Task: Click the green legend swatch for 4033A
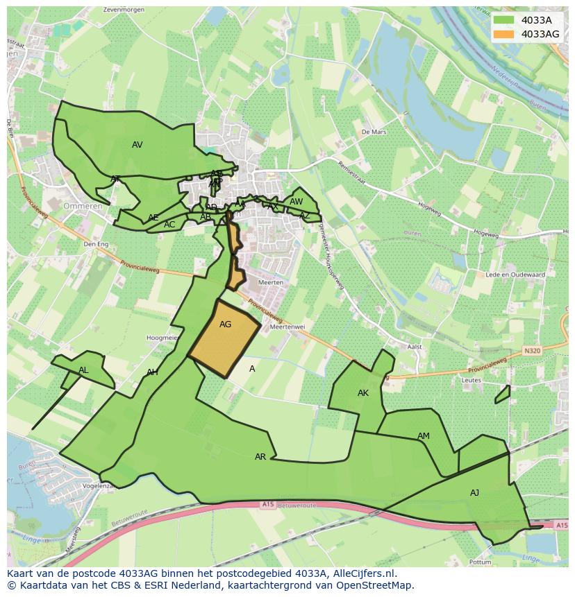pos(505,20)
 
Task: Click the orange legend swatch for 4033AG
pos(505,34)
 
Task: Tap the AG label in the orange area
pos(225,325)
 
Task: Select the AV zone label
pos(137,145)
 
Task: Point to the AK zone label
pos(362,393)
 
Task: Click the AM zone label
pos(423,436)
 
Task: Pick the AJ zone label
pos(474,493)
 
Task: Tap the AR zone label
pos(260,457)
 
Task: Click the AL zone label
pos(83,370)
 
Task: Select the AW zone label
pos(296,202)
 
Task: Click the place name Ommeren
pos(83,207)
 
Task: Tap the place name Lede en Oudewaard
pos(515,275)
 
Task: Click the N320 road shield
pos(532,351)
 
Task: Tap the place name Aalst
pos(415,347)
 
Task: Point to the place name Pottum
pos(478,562)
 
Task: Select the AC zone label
pos(169,225)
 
